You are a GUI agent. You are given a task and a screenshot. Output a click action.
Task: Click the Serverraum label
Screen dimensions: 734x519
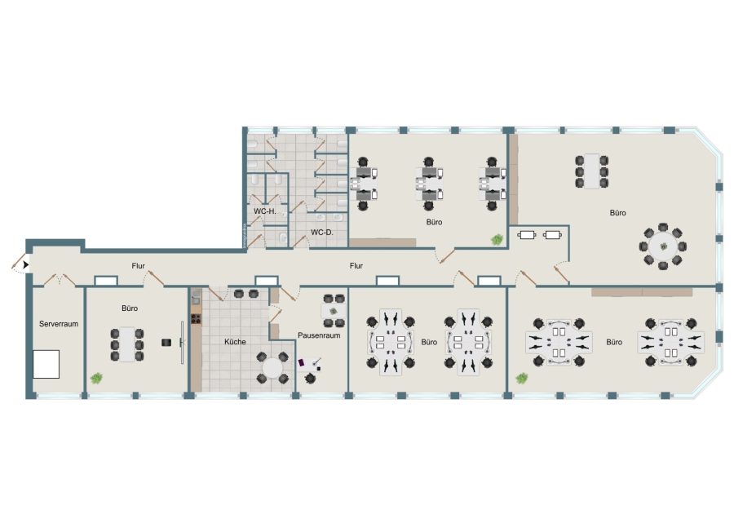(59, 324)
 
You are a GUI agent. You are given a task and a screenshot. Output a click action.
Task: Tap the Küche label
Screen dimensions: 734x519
(235, 342)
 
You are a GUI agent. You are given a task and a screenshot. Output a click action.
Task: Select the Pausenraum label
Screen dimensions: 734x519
(319, 335)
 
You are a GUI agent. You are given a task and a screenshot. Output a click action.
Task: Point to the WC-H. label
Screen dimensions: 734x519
(265, 211)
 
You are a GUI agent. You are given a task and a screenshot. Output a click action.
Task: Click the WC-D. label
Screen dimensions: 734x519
(322, 232)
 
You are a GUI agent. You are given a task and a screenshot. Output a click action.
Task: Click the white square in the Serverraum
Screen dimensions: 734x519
(46, 364)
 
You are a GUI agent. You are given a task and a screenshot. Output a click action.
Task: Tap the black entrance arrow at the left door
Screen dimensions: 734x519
(25, 265)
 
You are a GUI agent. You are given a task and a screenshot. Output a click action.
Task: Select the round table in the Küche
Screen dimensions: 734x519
(272, 368)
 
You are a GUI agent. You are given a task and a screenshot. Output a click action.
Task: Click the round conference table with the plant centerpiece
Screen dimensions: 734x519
(663, 246)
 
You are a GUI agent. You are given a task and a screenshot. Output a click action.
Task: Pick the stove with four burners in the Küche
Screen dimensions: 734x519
(196, 319)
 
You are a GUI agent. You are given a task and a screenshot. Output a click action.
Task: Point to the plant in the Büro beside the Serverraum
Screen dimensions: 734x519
(96, 378)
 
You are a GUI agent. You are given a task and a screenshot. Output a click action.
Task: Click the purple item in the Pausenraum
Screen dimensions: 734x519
(302, 362)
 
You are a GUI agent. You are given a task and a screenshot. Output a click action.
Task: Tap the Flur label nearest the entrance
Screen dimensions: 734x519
(138, 265)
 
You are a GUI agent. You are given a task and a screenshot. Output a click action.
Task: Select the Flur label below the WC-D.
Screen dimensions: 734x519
(356, 265)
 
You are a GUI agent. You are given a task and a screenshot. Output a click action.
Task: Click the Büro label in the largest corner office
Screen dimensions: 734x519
(618, 213)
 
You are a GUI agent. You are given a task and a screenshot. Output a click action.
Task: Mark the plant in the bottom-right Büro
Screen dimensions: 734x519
(521, 378)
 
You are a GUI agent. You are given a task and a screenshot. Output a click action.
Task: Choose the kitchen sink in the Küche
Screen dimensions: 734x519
(196, 297)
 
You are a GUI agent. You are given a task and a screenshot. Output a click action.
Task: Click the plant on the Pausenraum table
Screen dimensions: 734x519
(334, 311)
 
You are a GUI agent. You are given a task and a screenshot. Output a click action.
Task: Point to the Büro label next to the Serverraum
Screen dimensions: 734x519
(130, 308)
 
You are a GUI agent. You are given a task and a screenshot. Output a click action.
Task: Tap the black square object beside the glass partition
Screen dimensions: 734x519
(166, 343)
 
